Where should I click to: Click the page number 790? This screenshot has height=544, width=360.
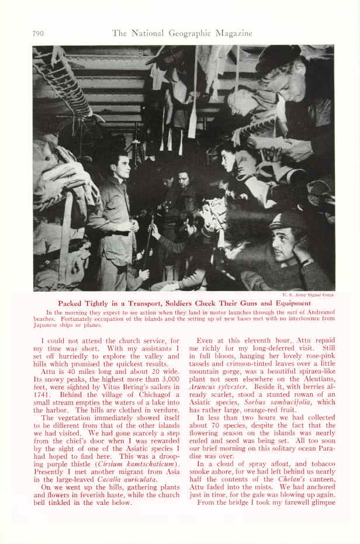39,33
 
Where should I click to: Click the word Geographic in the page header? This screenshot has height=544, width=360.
189,33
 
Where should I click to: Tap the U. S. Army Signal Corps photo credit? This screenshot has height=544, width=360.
308,296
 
